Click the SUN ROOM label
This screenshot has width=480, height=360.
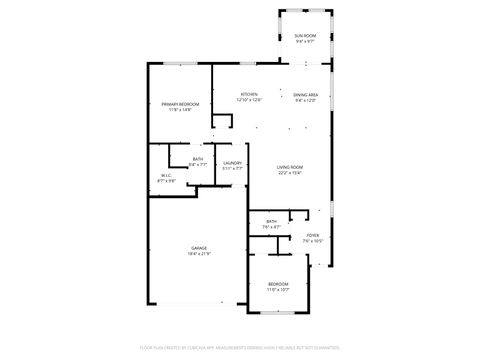pos(305,36)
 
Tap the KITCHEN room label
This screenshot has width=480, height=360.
pos(249,95)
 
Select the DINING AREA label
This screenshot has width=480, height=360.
pos(306,95)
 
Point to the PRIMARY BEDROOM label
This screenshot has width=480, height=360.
pos(180,104)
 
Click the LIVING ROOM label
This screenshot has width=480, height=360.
pos(290,166)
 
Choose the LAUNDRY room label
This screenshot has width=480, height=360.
pos(232,162)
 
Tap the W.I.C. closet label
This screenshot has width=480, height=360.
pos(167,176)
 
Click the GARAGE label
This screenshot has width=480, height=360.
pos(200,247)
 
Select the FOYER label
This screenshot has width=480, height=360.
pos(312,236)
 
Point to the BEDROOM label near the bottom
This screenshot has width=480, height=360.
pos(278,284)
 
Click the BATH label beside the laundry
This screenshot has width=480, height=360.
pos(198,158)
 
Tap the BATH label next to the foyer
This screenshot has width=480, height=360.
pos(271,221)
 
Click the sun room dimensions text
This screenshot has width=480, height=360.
pos(305,42)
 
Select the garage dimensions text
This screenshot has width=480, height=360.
pos(200,253)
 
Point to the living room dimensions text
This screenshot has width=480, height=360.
pos(290,172)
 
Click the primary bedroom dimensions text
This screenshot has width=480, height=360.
pos(180,110)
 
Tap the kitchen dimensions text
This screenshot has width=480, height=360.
pos(249,101)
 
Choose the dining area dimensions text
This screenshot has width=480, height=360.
pos(306,101)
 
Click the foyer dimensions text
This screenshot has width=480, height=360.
pos(312,242)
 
